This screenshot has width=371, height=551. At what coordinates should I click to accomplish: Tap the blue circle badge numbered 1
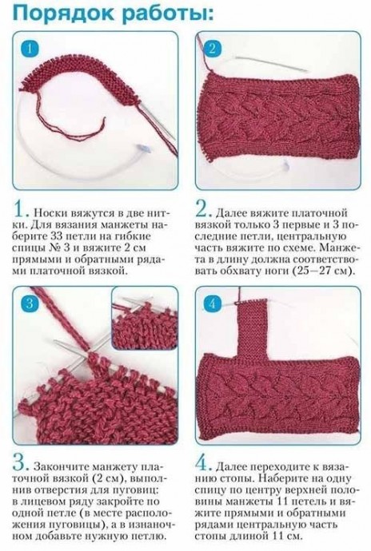(x=30, y=49)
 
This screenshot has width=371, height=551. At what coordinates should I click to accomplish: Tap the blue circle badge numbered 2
(x=212, y=49)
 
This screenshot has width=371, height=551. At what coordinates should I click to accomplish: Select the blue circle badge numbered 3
(x=30, y=303)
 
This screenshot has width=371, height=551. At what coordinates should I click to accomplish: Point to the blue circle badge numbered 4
(x=212, y=303)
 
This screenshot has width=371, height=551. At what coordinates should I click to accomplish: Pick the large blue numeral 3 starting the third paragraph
(x=21, y=466)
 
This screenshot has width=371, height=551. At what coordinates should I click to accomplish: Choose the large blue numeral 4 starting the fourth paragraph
(x=204, y=466)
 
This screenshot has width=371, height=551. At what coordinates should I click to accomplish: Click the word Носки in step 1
(x=51, y=213)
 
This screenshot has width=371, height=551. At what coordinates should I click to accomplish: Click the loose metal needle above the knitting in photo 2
(x=272, y=64)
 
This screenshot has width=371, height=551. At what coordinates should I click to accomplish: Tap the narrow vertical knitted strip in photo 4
(x=252, y=327)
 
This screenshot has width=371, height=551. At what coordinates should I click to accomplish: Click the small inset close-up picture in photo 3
(x=144, y=319)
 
